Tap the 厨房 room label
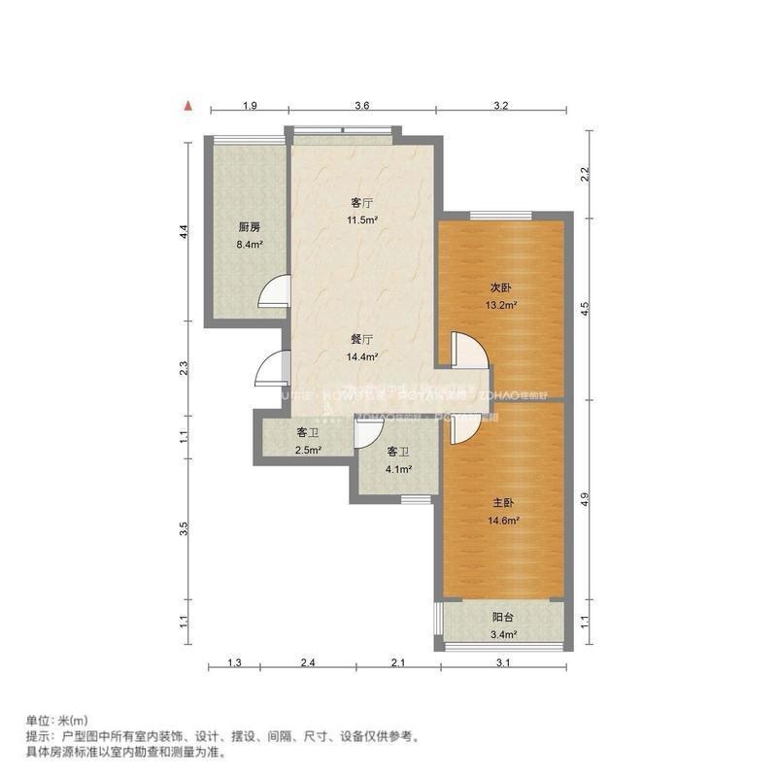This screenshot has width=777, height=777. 249,227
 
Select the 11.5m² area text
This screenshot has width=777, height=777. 363,220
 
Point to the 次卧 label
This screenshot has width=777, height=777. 500,287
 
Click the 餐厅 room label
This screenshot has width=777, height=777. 362,340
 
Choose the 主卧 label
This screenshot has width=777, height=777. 501,503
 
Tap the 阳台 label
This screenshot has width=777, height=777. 502,617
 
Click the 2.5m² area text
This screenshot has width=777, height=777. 309,450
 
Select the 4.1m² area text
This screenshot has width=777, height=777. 398,469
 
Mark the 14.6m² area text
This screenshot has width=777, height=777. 502,521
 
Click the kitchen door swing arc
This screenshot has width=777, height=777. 276,291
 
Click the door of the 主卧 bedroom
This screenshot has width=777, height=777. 459,429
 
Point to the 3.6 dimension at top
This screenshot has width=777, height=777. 362,105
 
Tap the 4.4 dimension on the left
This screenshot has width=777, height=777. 184,232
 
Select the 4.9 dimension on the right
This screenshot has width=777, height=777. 585,499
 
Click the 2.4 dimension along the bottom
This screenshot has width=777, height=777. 308,663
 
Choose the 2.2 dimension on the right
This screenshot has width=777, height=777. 585,175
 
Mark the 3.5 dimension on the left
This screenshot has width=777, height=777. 184,529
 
